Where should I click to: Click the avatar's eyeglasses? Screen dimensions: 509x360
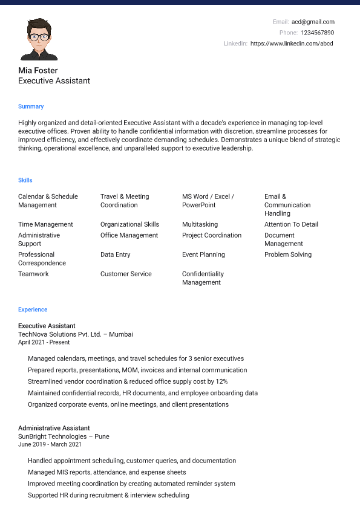[x=39, y=36]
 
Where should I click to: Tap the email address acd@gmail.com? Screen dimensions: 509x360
[x=313, y=22]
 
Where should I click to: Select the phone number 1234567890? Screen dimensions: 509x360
[x=318, y=33]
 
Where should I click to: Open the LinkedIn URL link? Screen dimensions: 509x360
[x=292, y=44]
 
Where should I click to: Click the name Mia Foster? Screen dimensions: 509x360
[x=38, y=70]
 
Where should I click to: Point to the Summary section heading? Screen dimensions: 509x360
[x=31, y=106]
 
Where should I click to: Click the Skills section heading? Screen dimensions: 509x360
[x=25, y=180]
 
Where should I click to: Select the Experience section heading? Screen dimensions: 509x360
[x=33, y=310]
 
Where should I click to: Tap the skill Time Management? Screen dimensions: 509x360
[x=45, y=224]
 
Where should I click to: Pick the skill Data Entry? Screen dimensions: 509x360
[x=116, y=254]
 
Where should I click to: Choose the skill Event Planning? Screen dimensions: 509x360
[x=203, y=254]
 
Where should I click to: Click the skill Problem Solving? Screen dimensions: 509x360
[x=288, y=254]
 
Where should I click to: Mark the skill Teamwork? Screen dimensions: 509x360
[x=33, y=274]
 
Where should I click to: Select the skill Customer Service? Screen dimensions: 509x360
[x=126, y=274]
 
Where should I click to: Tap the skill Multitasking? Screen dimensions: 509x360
[x=200, y=224]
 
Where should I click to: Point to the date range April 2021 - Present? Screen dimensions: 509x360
[x=44, y=342]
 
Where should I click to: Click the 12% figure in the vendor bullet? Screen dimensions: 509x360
[x=221, y=381]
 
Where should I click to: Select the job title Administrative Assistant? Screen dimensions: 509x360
[x=54, y=428]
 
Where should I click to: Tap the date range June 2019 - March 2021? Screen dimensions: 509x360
[x=50, y=444]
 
